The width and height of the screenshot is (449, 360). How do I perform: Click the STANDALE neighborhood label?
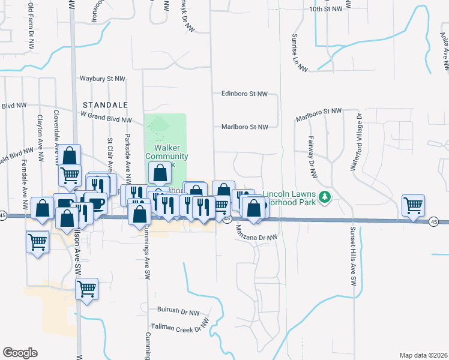[x=106, y=104]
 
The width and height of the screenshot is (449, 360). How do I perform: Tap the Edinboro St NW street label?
[x=244, y=94]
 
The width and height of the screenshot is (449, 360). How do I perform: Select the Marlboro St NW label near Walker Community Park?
[x=244, y=127]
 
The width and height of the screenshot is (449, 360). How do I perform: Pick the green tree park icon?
[x=325, y=196]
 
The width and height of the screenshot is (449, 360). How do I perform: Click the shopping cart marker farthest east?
[x=414, y=205]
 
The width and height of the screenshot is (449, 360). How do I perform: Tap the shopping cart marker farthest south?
[x=86, y=289]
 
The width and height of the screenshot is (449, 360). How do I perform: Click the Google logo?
[x=20, y=353]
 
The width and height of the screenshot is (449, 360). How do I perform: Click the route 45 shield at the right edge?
[x=433, y=222]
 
